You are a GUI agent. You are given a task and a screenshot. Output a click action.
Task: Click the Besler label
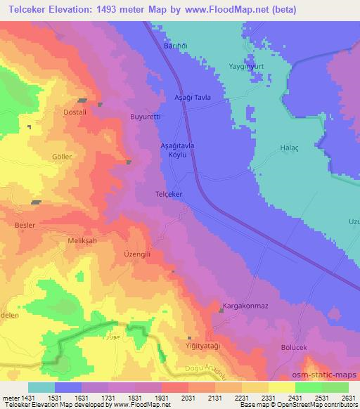25,226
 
